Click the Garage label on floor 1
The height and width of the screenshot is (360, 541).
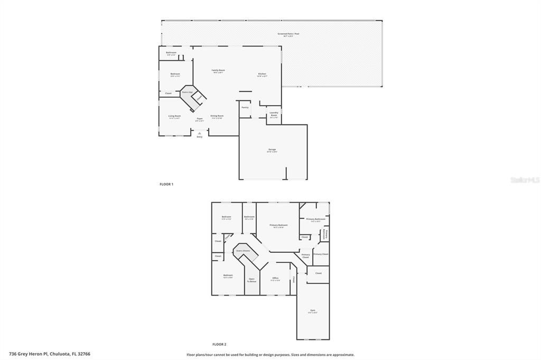click(272, 150)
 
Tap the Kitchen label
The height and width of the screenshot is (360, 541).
click(262, 74)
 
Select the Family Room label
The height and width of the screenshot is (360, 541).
click(218, 71)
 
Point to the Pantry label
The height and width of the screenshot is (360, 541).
click(245, 107)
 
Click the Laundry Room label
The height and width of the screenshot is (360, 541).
click(274, 114)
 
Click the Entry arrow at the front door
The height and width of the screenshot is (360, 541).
click(199, 133)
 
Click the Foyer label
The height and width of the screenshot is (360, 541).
click(200, 119)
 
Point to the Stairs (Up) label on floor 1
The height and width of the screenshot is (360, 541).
click(187, 92)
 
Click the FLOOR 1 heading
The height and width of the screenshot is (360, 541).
click(166, 184)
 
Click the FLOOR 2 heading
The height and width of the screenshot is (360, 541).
click(219, 344)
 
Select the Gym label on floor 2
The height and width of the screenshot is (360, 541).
click(313, 311)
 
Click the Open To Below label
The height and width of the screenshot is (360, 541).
click(252, 280)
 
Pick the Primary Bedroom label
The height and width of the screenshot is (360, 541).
click(278, 226)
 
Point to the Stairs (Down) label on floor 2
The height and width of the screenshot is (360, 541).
click(243, 251)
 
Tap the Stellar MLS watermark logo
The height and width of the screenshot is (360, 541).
click(525, 180)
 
